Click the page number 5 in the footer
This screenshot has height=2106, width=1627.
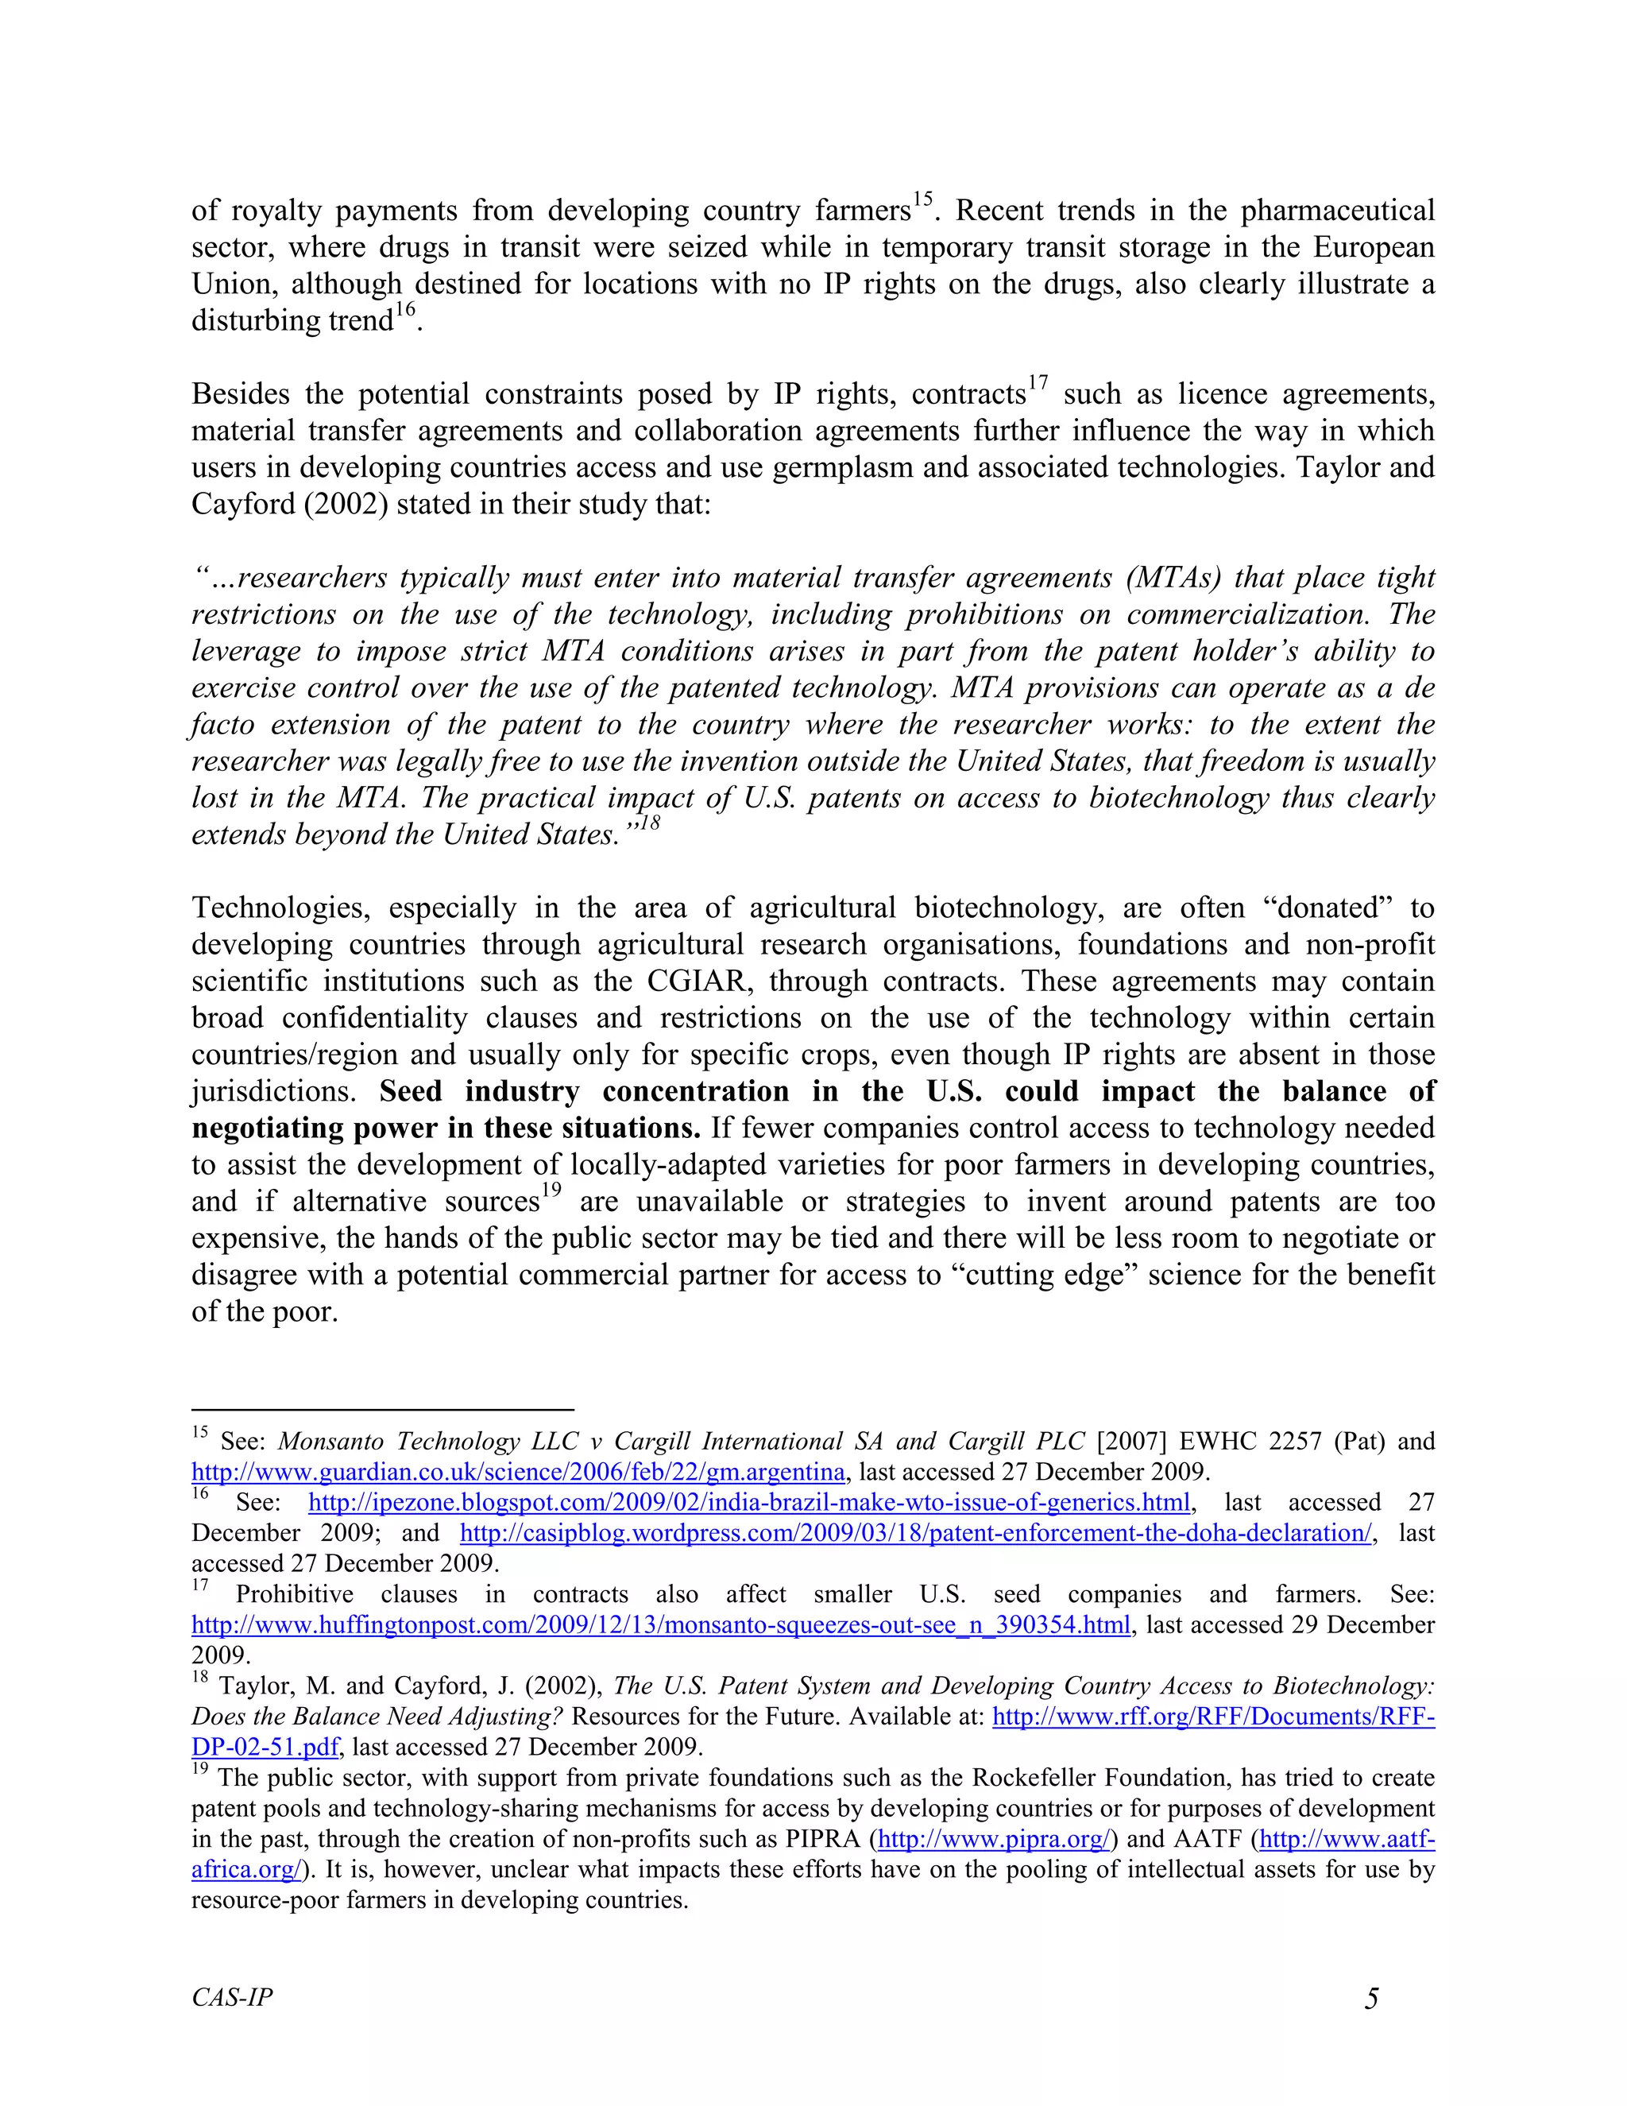tap(1371, 1998)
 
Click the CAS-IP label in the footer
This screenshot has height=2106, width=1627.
tap(231, 1997)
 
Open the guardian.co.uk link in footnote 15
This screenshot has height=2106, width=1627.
tap(518, 1473)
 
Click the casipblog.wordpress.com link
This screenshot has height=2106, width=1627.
tap(914, 1533)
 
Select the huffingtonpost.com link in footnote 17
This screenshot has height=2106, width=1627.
tap(660, 1625)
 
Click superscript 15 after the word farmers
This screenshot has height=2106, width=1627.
tap(922, 199)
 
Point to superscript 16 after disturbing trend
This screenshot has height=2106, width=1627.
tap(405, 309)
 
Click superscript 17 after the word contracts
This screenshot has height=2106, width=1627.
tap(1037, 383)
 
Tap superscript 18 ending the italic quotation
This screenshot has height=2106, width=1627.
tap(649, 823)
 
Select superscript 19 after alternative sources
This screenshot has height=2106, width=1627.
tap(551, 1190)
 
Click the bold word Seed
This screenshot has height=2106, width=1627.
tap(410, 1092)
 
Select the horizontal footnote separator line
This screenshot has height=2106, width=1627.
tap(383, 1409)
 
